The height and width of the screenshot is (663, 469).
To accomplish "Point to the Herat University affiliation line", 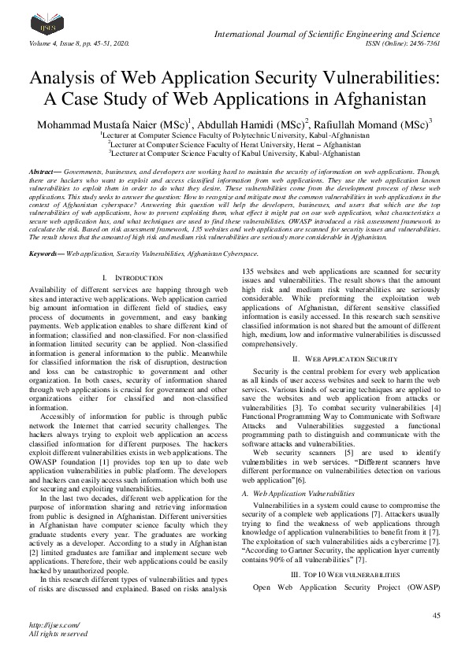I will point(235,145).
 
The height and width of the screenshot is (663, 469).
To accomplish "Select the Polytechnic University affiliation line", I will point(235,135).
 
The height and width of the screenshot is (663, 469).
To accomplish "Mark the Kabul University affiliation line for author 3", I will point(235,154).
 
